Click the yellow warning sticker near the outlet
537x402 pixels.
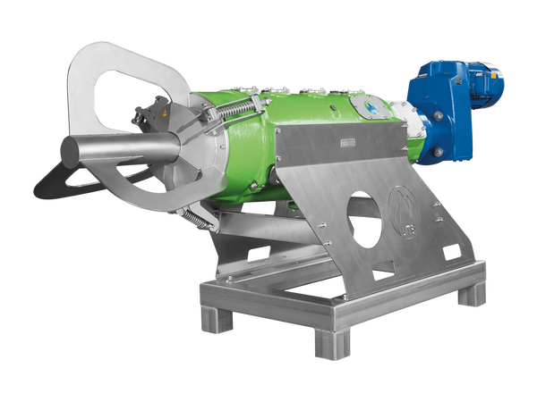[161, 115]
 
